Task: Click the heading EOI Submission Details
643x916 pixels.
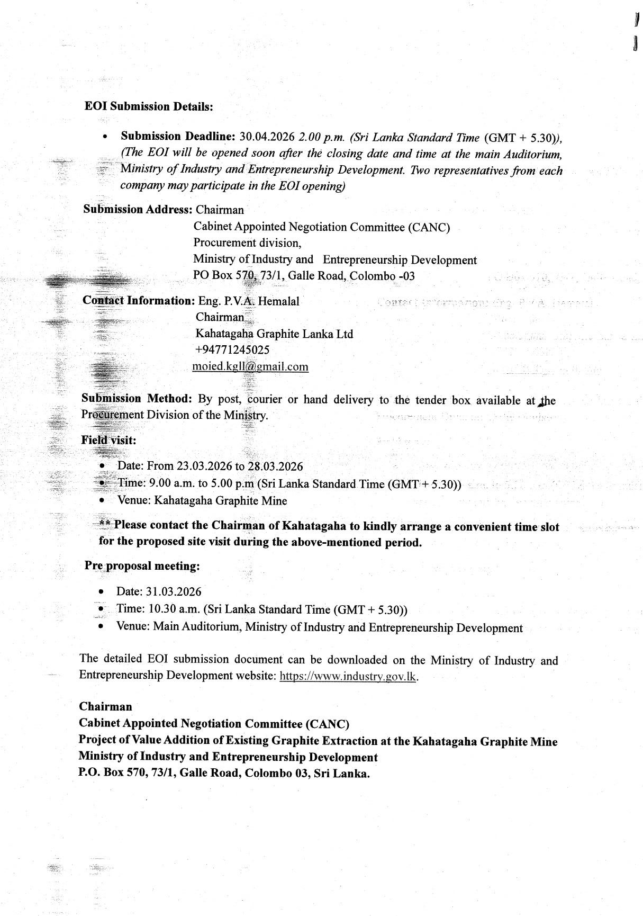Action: (x=149, y=106)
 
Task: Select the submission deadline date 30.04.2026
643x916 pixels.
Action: (x=267, y=137)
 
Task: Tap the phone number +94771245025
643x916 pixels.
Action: (x=232, y=350)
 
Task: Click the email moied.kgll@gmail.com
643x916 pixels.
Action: (x=250, y=366)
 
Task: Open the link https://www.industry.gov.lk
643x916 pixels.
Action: (x=348, y=676)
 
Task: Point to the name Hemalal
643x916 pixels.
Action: (x=279, y=301)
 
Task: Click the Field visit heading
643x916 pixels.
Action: (x=108, y=440)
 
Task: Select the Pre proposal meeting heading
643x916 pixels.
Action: (x=142, y=565)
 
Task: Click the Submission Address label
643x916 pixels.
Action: (x=137, y=209)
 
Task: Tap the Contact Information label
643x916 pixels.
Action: (x=139, y=301)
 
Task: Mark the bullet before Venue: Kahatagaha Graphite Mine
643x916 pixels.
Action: (x=102, y=501)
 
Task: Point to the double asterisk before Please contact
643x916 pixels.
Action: (x=105, y=525)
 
